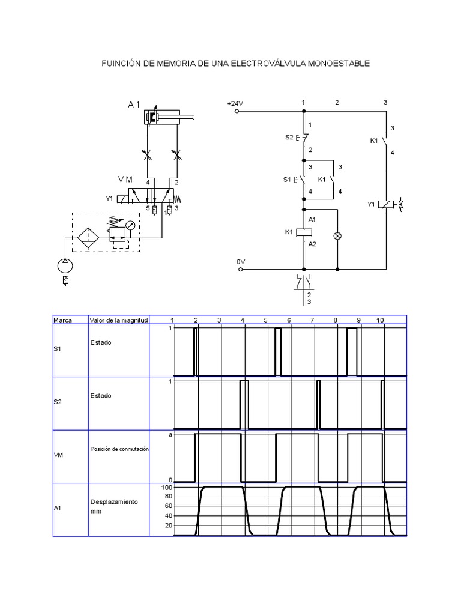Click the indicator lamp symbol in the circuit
337,236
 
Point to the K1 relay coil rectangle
304,231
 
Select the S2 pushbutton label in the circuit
289,138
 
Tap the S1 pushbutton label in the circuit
287,179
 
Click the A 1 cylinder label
134,105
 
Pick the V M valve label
125,180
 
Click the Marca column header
63,320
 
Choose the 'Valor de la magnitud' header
119,320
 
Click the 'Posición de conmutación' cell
119,449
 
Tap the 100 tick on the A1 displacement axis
167,488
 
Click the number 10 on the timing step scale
380,320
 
